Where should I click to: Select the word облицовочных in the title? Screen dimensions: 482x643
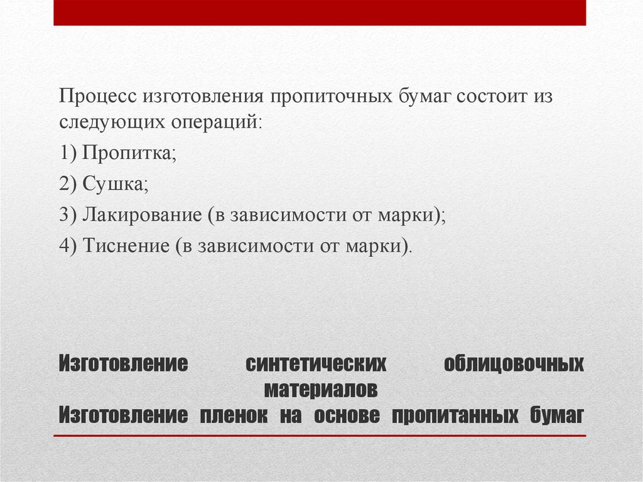tap(514, 364)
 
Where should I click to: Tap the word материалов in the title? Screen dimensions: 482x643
tap(321, 390)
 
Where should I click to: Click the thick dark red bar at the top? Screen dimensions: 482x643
tap(320, 13)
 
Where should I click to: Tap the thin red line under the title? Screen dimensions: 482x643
tap(320, 435)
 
